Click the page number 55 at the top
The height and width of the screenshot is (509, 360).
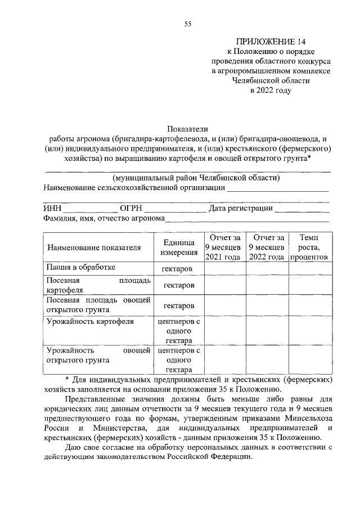coord(188,23)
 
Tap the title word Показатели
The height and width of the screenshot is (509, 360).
coord(187,129)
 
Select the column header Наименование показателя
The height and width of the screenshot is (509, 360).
coord(93,247)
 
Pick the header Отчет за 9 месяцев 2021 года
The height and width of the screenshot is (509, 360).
coord(224,247)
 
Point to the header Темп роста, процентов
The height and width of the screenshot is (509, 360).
coord(309,247)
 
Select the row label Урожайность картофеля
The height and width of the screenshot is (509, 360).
coord(89,322)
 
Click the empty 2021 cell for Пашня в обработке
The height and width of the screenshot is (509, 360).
coord(224,269)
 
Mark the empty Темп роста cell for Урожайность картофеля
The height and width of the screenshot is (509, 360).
coord(309,331)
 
